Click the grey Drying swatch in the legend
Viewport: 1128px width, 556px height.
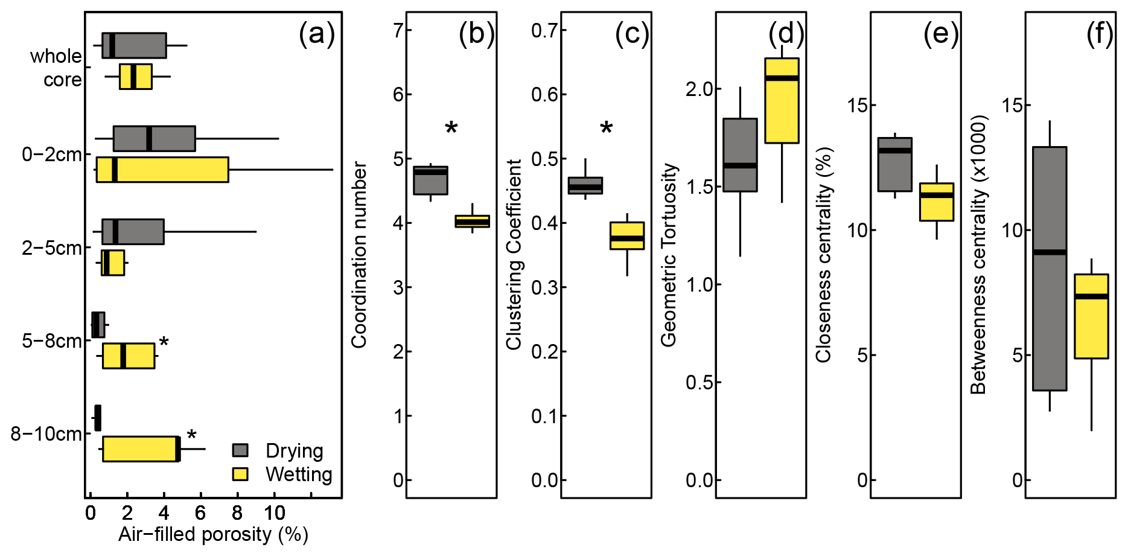click(240, 450)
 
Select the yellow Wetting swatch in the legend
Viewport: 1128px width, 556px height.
click(240, 474)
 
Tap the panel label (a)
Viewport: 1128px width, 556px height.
click(316, 34)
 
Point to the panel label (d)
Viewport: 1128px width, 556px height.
click(786, 34)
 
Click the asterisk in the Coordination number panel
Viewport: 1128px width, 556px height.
click(451, 128)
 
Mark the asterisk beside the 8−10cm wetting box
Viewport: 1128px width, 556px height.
click(191, 436)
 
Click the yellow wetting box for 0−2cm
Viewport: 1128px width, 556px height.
click(162, 169)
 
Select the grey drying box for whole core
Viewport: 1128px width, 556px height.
click(134, 45)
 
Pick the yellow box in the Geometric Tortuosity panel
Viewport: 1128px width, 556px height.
click(782, 100)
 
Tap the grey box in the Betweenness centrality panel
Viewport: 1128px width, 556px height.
click(1050, 269)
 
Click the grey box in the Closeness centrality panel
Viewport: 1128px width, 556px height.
click(894, 164)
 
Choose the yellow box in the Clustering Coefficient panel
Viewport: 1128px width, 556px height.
click(627, 235)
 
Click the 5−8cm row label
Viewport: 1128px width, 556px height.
click(52, 341)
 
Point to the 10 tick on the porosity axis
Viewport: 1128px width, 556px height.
click(275, 514)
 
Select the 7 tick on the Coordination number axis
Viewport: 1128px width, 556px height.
click(398, 30)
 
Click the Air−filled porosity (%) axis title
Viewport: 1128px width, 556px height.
click(213, 535)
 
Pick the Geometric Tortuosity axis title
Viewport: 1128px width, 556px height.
click(669, 255)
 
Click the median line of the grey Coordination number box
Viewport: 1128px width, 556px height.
click(430, 172)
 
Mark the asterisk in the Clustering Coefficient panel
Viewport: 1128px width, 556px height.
click(607, 128)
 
